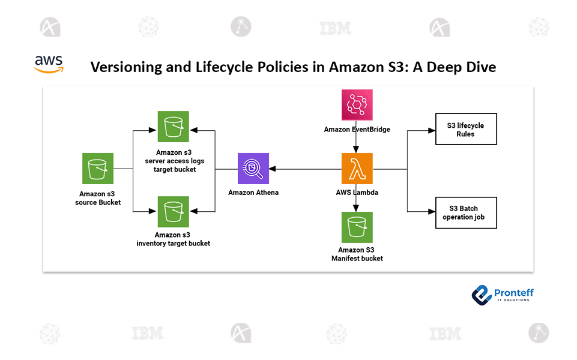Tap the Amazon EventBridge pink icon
point(357,105)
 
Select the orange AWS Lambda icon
point(357,169)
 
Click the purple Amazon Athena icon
point(253,169)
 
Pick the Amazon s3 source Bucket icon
point(98,169)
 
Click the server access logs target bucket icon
point(173,127)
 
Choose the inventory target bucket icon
point(173,212)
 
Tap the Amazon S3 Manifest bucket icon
point(357,227)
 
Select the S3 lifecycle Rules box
point(466,130)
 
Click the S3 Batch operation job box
point(466,212)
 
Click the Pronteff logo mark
point(482,294)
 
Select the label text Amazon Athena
point(253,193)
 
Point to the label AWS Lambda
point(357,193)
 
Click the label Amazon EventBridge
point(357,129)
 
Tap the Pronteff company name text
point(514,292)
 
